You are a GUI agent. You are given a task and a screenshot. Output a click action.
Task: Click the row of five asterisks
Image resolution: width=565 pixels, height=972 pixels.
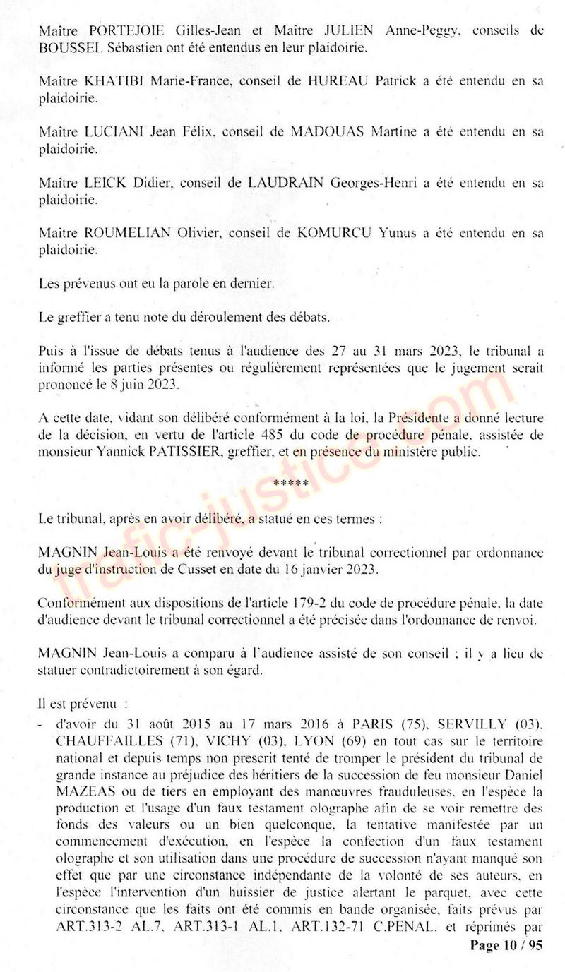coord(290,484)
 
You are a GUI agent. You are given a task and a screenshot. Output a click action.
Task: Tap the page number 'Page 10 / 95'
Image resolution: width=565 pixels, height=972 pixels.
coord(505,946)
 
